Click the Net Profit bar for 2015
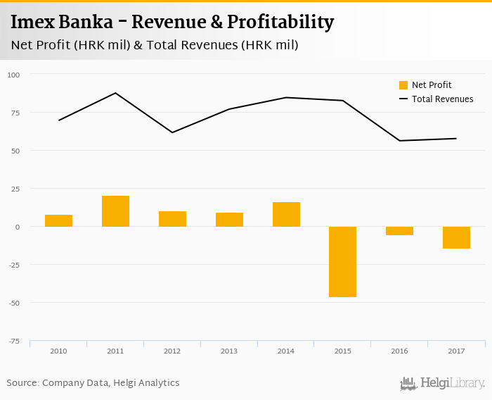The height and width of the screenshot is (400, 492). (342, 261)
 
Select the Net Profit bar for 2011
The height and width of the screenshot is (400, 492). (115, 211)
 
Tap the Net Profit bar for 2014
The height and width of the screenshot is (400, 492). (286, 214)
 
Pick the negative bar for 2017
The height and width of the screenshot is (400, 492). (456, 237)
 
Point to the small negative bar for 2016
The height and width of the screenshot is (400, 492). (399, 231)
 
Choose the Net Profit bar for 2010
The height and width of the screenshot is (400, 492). (58, 220)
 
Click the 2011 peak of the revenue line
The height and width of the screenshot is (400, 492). (115, 93)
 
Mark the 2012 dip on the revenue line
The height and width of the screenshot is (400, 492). (172, 132)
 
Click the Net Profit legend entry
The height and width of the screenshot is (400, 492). (431, 85)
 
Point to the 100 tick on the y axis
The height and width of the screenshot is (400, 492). (14, 75)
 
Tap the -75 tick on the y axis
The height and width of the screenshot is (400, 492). (14, 342)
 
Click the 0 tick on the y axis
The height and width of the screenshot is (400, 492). (18, 227)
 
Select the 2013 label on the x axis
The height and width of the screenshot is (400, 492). (229, 350)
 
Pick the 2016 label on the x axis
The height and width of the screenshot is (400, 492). (399, 350)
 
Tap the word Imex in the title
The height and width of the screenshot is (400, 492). (32, 23)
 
